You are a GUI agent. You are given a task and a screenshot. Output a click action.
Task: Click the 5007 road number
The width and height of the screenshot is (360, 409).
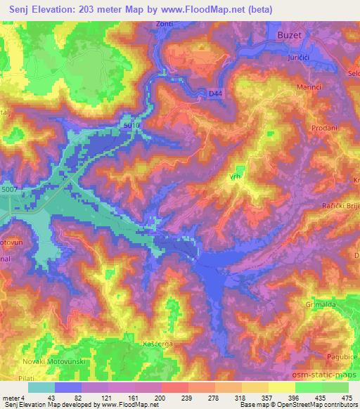(x=11, y=190)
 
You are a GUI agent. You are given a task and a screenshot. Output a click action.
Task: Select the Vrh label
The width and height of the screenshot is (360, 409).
(x=233, y=178)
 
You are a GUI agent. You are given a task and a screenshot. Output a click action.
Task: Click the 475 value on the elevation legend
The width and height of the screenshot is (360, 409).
(x=347, y=398)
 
